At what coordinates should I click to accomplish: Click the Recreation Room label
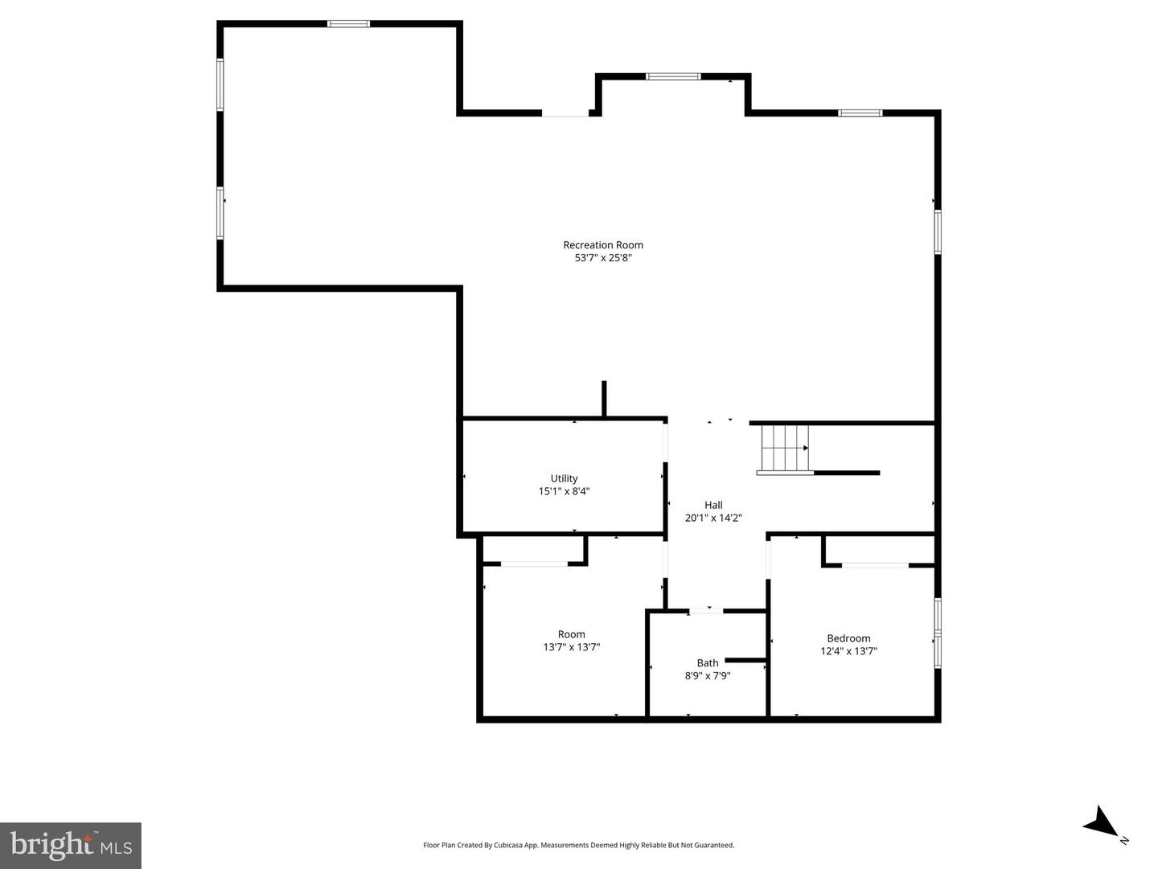click(602, 245)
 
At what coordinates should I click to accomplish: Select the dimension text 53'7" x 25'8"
click(602, 258)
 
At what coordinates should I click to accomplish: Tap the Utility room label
click(564, 478)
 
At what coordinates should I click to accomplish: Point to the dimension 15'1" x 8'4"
click(564, 491)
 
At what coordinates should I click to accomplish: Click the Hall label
click(713, 505)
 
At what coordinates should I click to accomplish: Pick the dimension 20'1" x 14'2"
click(713, 519)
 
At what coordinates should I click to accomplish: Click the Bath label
click(708, 663)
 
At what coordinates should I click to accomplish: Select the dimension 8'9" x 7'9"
click(708, 676)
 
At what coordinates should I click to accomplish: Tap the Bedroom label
click(848, 638)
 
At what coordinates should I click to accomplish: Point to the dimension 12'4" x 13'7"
click(848, 652)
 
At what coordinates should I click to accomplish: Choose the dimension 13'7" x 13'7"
click(572, 647)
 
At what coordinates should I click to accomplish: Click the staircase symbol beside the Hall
click(784, 449)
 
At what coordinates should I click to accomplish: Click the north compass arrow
click(1101, 822)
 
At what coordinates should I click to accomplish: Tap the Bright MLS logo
click(71, 846)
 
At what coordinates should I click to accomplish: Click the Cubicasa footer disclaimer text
click(578, 845)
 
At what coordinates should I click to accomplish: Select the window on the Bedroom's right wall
click(938, 633)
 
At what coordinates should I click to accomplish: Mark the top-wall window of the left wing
click(348, 24)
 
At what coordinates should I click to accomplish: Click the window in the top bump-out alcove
click(673, 76)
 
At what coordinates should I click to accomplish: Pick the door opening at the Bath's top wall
click(706, 612)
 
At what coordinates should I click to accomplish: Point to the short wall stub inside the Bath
click(745, 661)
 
